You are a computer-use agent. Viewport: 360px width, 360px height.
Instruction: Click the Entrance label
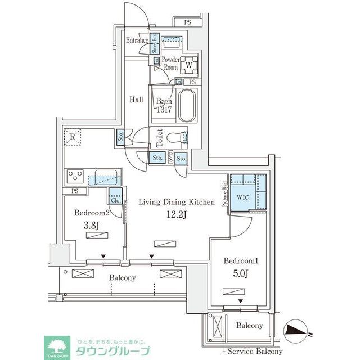(137, 40)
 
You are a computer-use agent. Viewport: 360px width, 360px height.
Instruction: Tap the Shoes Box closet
(153, 43)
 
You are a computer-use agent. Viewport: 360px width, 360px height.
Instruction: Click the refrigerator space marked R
(72, 137)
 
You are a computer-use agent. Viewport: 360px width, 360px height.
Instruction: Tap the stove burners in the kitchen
(76, 177)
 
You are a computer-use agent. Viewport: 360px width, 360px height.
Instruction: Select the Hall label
(136, 100)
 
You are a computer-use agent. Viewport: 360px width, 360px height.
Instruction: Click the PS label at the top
(187, 22)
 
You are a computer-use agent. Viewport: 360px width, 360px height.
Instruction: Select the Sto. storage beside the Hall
(121, 136)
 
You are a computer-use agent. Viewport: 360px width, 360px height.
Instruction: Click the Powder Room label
(170, 63)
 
